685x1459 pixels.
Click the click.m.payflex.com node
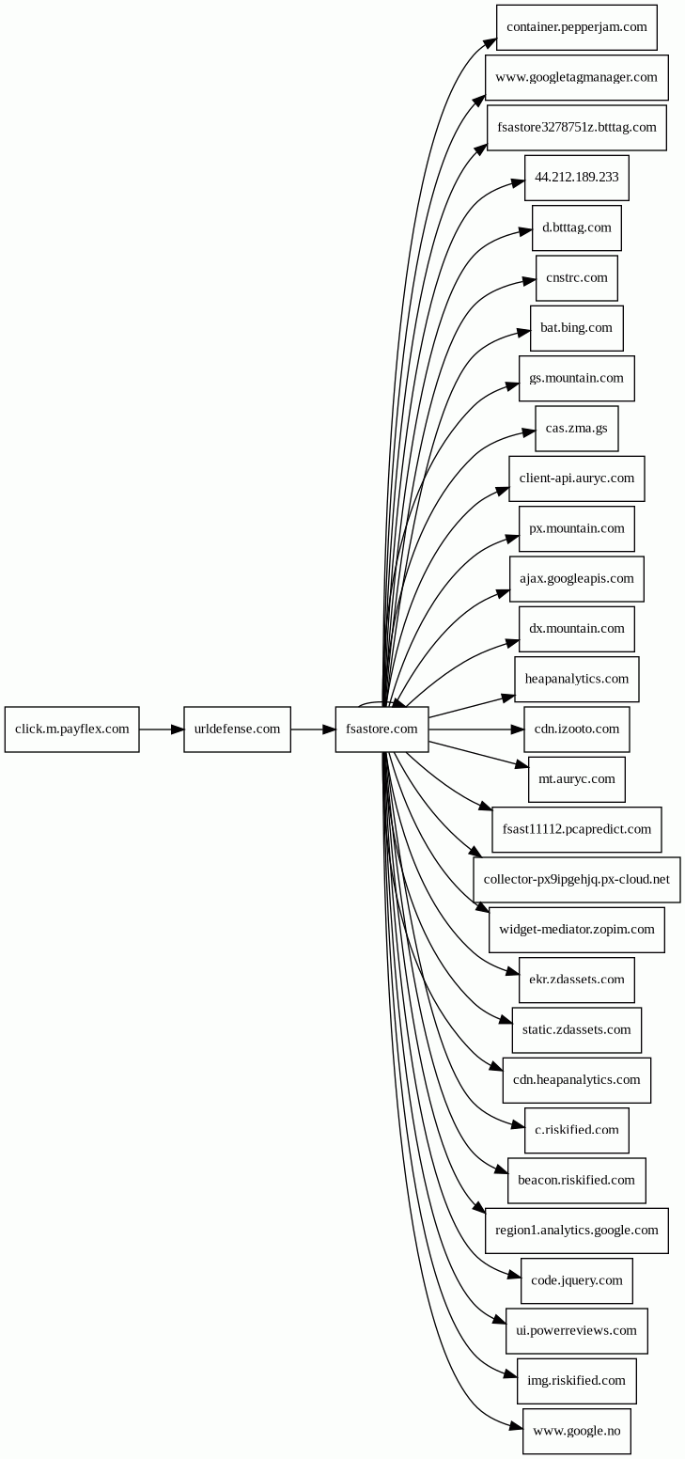click(71, 729)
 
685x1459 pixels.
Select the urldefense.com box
click(237, 729)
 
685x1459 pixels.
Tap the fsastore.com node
click(381, 729)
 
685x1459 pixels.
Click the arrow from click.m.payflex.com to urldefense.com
click(162, 729)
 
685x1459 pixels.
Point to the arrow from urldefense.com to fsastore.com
click(313, 729)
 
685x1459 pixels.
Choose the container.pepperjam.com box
click(576, 27)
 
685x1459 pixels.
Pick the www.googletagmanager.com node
click(576, 77)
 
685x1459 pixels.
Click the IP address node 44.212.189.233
click(576, 178)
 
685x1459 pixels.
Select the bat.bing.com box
click(576, 328)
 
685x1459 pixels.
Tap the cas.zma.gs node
click(576, 429)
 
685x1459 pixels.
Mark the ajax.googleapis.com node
click(576, 579)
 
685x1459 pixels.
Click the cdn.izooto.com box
click(576, 729)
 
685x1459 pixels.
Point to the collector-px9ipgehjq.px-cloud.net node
click(576, 880)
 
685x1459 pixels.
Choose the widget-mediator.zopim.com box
click(576, 930)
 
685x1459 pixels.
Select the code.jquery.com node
click(576, 1281)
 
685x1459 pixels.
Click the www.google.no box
click(576, 1431)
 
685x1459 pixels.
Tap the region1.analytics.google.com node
click(576, 1232)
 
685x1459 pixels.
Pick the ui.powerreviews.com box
click(576, 1331)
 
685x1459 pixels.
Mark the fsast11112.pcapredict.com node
click(576, 830)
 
